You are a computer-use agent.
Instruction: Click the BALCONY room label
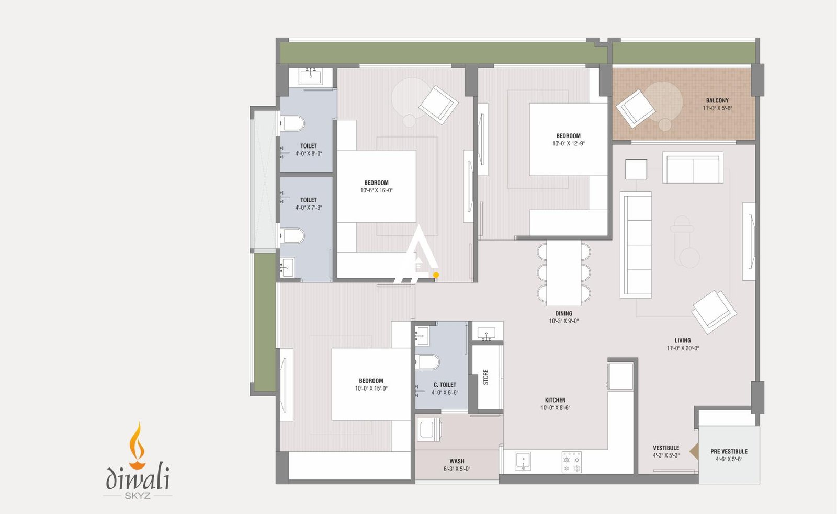[x=717, y=100]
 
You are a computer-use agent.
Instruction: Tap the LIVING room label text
[x=682, y=340]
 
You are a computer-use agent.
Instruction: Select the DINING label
[x=563, y=313]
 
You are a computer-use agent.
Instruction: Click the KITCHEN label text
[x=555, y=400]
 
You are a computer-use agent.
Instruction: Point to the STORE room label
[x=486, y=377]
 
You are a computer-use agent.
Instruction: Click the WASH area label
[x=457, y=461]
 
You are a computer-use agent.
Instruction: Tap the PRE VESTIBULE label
[x=729, y=451]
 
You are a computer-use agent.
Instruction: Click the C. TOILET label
[x=445, y=385]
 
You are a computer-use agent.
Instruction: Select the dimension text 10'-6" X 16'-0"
[x=376, y=190]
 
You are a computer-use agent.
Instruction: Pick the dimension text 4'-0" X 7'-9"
[x=308, y=208]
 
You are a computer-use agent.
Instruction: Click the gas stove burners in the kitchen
[x=571, y=462]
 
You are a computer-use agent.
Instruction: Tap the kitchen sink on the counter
[x=523, y=461]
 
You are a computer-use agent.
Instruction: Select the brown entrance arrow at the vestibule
[x=694, y=451]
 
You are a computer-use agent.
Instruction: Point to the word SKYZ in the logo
[x=138, y=496]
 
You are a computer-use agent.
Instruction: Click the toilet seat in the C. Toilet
[x=428, y=362]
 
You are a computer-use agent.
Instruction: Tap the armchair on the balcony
[x=635, y=108]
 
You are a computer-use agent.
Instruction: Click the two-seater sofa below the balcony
[x=693, y=168]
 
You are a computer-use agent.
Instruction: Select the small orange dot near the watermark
[x=436, y=275]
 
